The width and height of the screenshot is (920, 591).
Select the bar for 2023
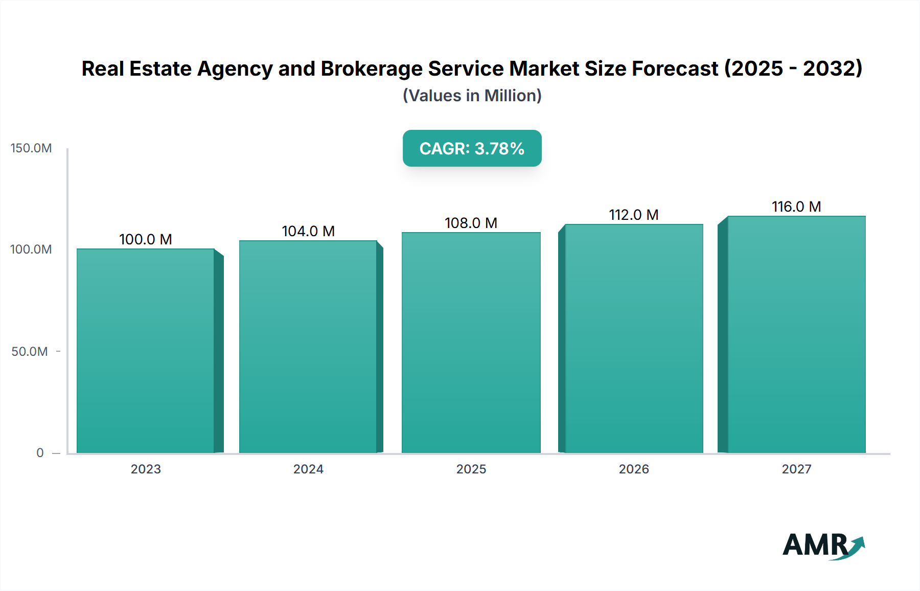click(146, 351)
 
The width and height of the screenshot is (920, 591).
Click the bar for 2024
click(308, 347)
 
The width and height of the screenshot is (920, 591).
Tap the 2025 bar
click(471, 343)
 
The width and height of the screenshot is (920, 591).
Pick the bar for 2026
click(634, 338)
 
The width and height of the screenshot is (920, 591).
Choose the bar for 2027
click(796, 334)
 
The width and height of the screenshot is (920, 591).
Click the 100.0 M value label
click(146, 239)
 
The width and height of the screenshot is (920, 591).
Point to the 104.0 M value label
click(308, 231)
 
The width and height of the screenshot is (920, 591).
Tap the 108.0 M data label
click(471, 223)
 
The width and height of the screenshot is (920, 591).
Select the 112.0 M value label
click(634, 215)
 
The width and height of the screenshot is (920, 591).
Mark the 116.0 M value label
click(796, 207)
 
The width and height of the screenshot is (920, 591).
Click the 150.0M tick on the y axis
click(31, 148)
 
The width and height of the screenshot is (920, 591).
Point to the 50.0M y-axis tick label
click(30, 352)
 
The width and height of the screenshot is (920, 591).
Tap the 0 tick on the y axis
click(40, 453)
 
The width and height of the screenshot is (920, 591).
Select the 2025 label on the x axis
click(471, 469)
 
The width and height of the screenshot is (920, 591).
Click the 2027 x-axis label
click(796, 469)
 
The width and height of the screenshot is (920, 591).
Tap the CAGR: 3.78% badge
click(472, 148)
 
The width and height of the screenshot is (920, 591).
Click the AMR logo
click(823, 545)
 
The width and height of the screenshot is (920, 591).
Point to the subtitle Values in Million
click(472, 96)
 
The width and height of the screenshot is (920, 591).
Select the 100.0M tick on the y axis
click(31, 249)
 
